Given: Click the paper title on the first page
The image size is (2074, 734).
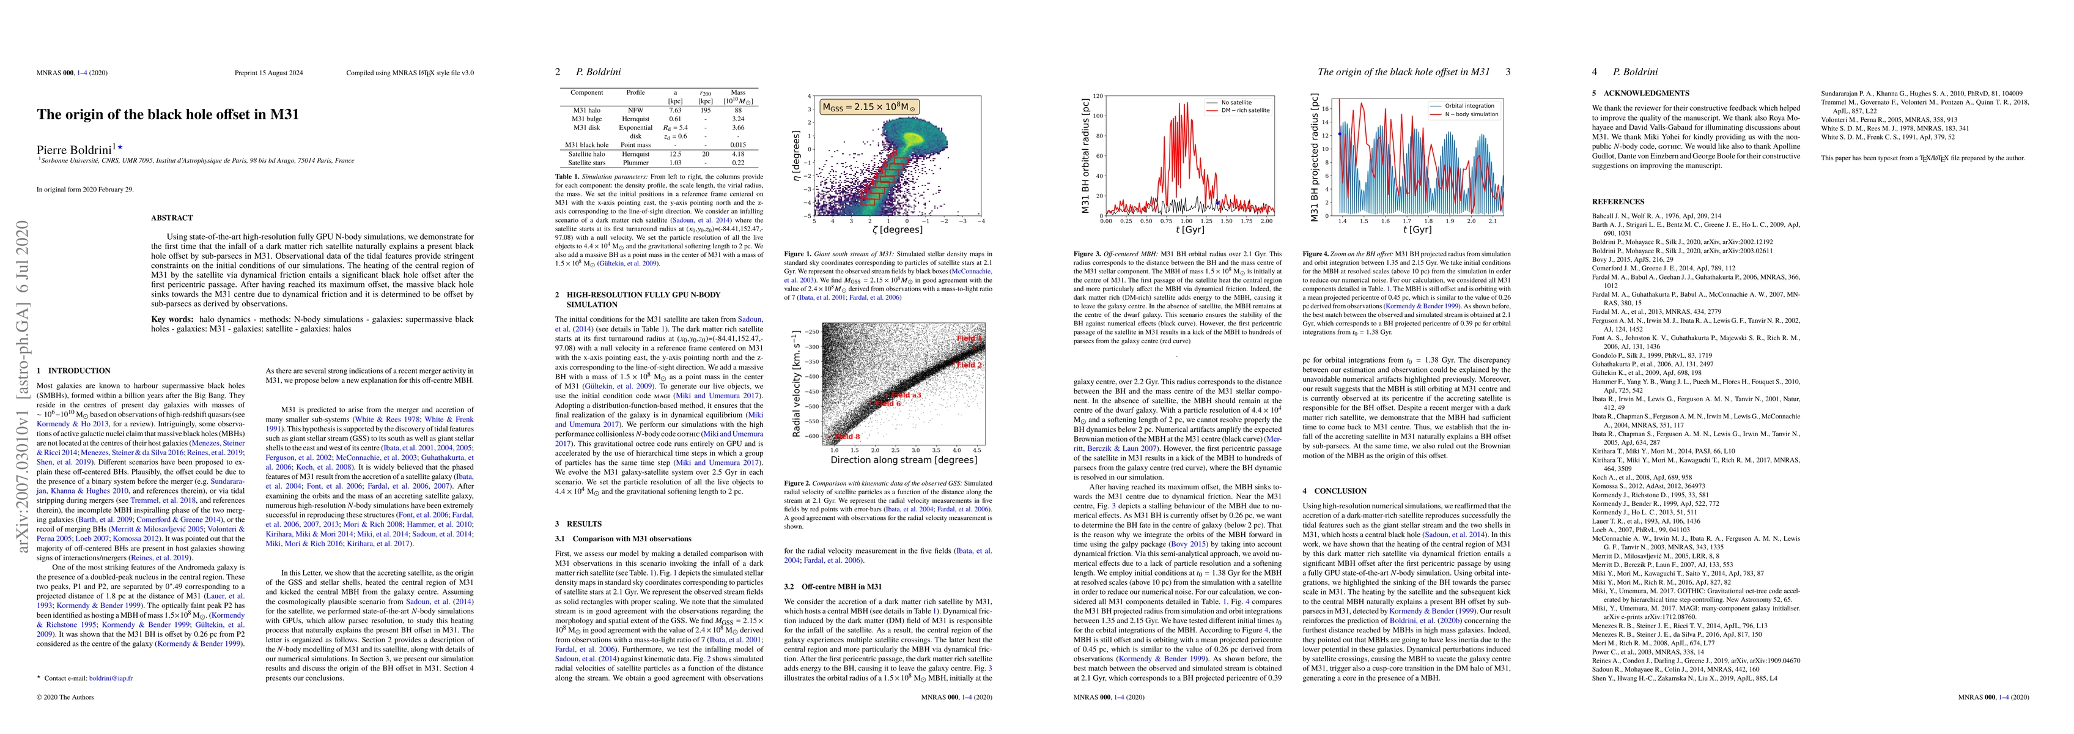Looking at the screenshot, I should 168,114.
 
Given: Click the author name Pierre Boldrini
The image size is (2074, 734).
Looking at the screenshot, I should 74,149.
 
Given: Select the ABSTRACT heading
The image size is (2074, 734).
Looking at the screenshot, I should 171,218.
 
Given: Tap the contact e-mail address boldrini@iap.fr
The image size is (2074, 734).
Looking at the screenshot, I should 110,678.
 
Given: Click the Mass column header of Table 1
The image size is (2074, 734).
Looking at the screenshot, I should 737,92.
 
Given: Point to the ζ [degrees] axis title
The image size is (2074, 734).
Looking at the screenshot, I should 897,229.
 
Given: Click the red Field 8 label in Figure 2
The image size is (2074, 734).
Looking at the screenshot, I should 847,436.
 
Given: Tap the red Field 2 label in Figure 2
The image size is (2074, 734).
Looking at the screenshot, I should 969,365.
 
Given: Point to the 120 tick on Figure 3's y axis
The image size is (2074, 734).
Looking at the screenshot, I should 1098,96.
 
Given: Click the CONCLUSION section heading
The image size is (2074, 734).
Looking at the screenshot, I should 1334,491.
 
